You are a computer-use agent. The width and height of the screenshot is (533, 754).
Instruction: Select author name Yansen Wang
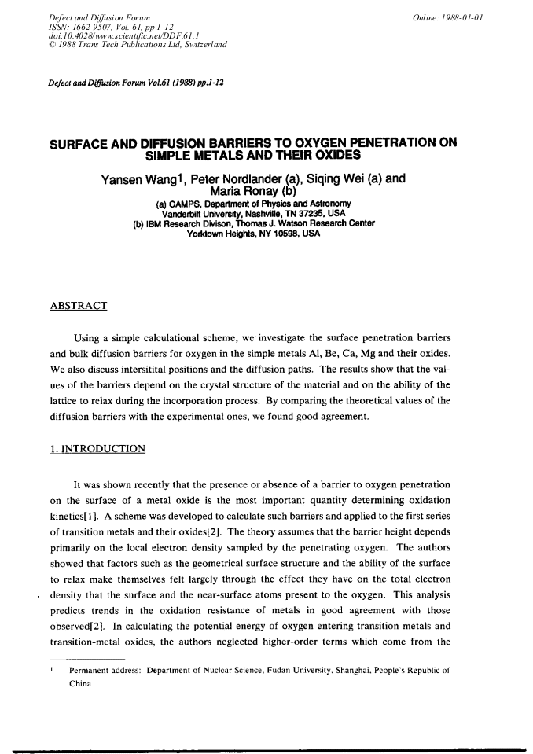tap(140, 178)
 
